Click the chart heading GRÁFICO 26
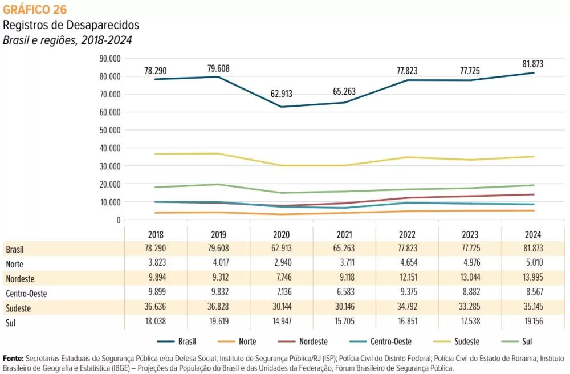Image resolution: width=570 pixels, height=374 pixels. pyautogui.click(x=35, y=10)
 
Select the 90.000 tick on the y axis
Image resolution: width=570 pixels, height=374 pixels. pyautogui.click(x=110, y=58)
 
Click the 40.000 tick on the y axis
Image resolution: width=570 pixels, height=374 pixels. pyautogui.click(x=110, y=148)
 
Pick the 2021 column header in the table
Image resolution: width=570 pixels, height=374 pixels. pyautogui.click(x=344, y=235)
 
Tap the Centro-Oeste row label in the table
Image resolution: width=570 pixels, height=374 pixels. pyautogui.click(x=26, y=294)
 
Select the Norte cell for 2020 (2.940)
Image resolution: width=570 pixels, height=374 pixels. pyautogui.click(x=281, y=265)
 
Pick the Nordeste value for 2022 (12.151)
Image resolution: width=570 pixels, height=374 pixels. pyautogui.click(x=406, y=279)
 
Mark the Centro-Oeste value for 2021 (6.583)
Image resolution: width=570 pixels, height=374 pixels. pyautogui.click(x=344, y=294)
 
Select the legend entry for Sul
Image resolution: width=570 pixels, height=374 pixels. pyautogui.click(x=527, y=342)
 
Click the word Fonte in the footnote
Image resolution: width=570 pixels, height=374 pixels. pyautogui.click(x=13, y=358)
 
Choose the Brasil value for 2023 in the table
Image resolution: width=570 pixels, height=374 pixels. pyautogui.click(x=469, y=250)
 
